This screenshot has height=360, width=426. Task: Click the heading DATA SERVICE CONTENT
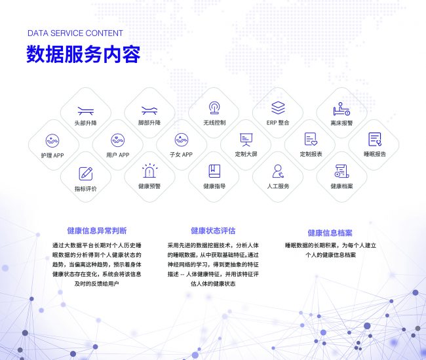tap(75, 33)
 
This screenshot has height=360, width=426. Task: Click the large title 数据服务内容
tap(83, 54)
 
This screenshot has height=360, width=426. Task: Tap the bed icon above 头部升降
tap(86, 111)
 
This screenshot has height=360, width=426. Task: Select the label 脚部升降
tap(149, 123)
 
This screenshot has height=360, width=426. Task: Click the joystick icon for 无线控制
tap(214, 108)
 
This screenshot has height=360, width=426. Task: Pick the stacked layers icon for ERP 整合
tap(278, 108)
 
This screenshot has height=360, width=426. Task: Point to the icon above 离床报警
tap(341, 109)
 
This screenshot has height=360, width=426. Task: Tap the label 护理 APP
tap(52, 155)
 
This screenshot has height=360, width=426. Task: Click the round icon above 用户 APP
tap(117, 140)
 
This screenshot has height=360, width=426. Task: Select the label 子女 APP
tap(181, 155)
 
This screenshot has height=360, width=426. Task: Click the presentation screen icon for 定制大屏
tap(246, 140)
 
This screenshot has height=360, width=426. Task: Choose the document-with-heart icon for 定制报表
tap(311, 139)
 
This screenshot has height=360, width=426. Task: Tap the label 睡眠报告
tap(375, 154)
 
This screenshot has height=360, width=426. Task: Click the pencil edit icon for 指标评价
tap(86, 174)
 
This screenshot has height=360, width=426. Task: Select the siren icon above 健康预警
tap(149, 170)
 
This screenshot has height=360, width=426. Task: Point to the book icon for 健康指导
tap(214, 171)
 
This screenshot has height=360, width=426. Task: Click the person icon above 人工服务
tap(278, 171)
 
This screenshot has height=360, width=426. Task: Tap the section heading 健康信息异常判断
tap(97, 231)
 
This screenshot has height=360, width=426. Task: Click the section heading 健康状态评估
tap(213, 231)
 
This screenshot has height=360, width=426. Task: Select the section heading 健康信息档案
tap(330, 233)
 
